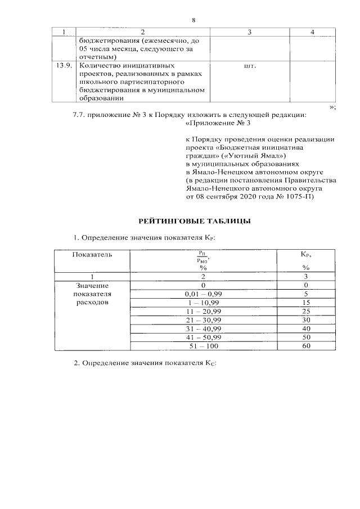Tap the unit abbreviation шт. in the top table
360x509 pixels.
pyautogui.click(x=250, y=66)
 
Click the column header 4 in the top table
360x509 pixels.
pyautogui.click(x=312, y=30)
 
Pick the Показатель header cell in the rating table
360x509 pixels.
pyautogui.click(x=92, y=254)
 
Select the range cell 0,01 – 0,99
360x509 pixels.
pyautogui.click(x=203, y=294)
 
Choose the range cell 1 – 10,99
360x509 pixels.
pyautogui.click(x=203, y=302)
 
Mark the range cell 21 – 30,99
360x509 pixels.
pyautogui.click(x=203, y=319)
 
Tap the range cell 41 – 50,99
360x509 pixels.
pyautogui.click(x=203, y=336)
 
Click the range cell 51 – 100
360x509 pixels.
pyautogui.click(x=203, y=345)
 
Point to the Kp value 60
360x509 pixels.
pyautogui.click(x=306, y=345)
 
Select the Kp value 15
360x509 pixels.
pyautogui.click(x=306, y=302)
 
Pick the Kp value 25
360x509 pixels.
pyautogui.click(x=306, y=311)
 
